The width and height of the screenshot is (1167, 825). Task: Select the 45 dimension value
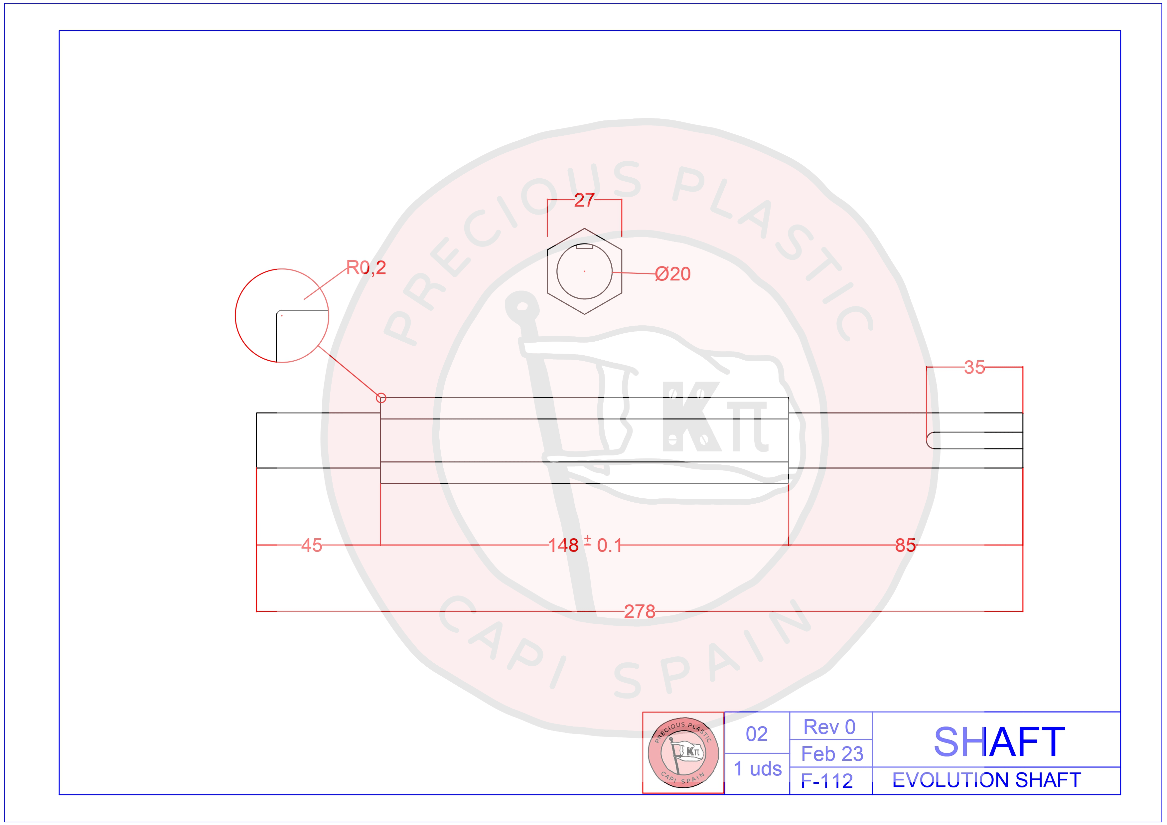point(312,546)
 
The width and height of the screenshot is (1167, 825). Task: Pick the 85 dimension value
point(905,546)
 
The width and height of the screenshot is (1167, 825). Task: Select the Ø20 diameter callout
point(672,274)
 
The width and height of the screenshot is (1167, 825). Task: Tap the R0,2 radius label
point(366,267)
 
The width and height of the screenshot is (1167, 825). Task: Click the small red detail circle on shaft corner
point(381,398)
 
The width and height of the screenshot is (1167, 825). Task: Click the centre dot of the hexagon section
point(585,271)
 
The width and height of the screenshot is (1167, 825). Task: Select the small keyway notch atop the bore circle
point(585,247)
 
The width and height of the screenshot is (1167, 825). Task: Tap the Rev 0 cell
point(829,727)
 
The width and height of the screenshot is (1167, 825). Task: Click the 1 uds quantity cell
point(757,768)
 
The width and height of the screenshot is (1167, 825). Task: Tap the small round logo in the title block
point(683,752)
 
